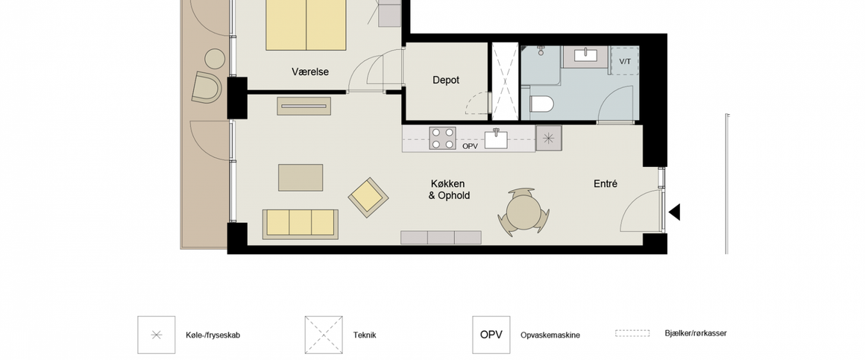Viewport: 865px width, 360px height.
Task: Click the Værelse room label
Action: [x=310, y=72]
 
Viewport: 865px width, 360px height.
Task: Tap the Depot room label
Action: [x=446, y=80]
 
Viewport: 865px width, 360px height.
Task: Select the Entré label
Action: [x=605, y=184]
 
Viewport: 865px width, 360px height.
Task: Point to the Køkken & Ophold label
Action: [x=449, y=189]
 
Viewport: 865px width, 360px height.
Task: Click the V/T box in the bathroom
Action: [x=624, y=61]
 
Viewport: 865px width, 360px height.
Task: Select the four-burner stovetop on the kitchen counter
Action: [x=442, y=139]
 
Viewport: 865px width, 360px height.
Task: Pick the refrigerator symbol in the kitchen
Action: [x=548, y=139]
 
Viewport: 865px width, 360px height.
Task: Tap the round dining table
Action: [x=523, y=212]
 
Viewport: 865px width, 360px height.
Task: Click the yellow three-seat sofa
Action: [x=300, y=224]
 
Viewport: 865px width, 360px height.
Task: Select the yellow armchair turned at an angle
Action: [x=368, y=197]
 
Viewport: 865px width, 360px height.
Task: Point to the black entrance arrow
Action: [x=674, y=212]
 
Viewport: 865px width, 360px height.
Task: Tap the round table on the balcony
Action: [x=215, y=58]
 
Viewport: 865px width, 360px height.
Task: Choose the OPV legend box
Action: [x=491, y=335]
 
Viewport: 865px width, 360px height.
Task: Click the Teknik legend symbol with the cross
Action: [x=324, y=335]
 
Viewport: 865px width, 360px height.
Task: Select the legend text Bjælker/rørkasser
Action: [x=696, y=333]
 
